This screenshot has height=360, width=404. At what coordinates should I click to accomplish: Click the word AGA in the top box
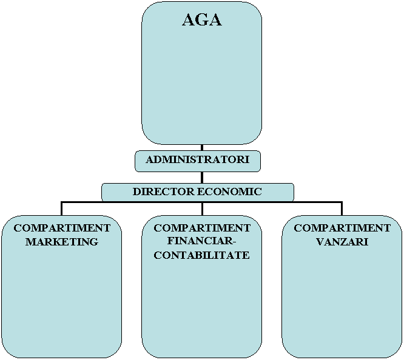tap(201, 20)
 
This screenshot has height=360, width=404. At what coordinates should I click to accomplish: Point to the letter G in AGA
tap(201, 20)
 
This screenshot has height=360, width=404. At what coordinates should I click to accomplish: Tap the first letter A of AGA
tap(189, 20)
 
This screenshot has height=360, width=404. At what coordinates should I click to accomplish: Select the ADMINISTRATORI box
tap(197, 161)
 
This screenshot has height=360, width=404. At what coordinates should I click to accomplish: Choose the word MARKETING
tap(61, 242)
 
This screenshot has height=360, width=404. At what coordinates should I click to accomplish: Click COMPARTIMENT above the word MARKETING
tap(61, 228)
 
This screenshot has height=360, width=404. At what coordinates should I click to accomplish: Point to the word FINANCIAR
tap(200, 242)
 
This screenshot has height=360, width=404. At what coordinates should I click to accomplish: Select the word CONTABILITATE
tap(202, 255)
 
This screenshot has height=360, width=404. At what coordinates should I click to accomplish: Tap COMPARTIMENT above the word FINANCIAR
tap(202, 228)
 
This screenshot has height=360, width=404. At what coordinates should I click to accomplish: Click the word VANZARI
tap(342, 242)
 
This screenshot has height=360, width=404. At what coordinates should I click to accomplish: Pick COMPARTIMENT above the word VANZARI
tap(342, 228)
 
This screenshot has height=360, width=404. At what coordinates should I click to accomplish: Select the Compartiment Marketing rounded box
tap(61, 297)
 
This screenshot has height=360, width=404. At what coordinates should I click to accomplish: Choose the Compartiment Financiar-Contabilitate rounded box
tap(202, 303)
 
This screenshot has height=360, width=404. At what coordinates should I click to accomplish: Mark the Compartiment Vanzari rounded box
tap(342, 297)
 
